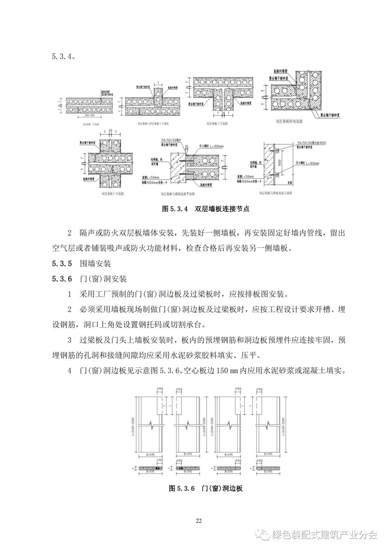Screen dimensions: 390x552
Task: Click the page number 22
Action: tap(199, 521)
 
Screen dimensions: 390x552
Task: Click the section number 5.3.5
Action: tap(62, 264)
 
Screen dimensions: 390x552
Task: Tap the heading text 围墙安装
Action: tap(95, 264)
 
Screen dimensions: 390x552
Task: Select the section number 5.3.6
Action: tap(62, 279)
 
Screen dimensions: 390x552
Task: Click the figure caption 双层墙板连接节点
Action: tap(222, 209)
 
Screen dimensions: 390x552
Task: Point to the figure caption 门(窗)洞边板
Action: tap(222, 488)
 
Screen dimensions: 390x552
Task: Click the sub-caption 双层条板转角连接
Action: tap(289, 121)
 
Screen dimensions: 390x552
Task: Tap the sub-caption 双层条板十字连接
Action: tap(113, 194)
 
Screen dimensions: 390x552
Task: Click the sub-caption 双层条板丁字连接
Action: tap(217, 124)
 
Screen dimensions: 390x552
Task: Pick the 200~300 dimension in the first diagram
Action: tap(90, 116)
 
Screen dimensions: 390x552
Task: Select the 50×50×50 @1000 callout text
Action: tap(311, 143)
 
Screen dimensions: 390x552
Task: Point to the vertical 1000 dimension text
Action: tap(279, 163)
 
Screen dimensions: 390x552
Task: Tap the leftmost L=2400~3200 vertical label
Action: tap(133, 427)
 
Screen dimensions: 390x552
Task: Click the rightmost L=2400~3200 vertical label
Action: tap(283, 427)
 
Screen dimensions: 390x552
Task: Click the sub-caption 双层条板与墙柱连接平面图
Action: tap(178, 194)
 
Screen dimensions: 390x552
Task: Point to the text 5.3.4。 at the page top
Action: tap(64, 57)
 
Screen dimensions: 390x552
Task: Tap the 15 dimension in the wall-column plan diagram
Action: tap(187, 147)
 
